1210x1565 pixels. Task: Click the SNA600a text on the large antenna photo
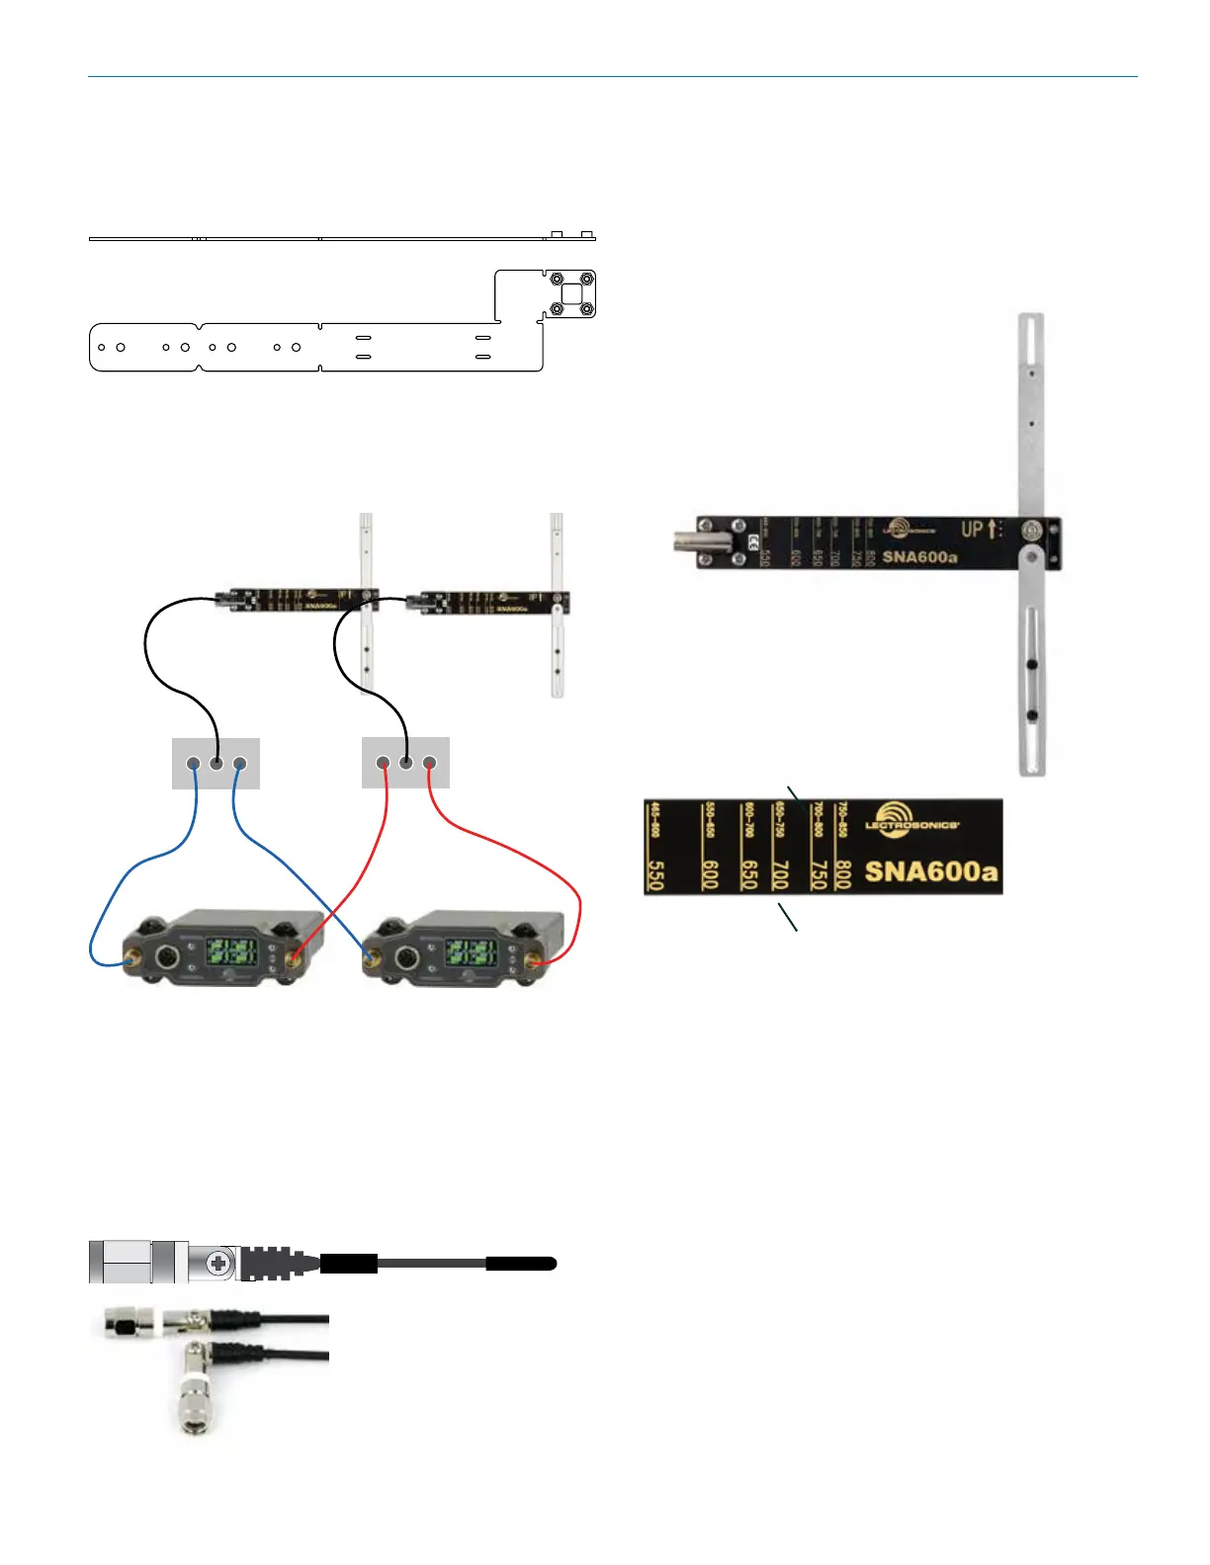point(919,556)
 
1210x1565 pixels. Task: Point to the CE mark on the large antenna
point(753,541)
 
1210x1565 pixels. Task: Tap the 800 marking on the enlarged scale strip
point(842,873)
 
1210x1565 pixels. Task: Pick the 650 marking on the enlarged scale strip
point(749,873)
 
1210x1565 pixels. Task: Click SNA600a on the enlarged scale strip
point(931,871)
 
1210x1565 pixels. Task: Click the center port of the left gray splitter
point(216,764)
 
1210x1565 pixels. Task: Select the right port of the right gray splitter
point(429,763)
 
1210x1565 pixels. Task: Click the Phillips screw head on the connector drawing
point(219,1263)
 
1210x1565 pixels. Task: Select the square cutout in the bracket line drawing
point(571,294)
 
